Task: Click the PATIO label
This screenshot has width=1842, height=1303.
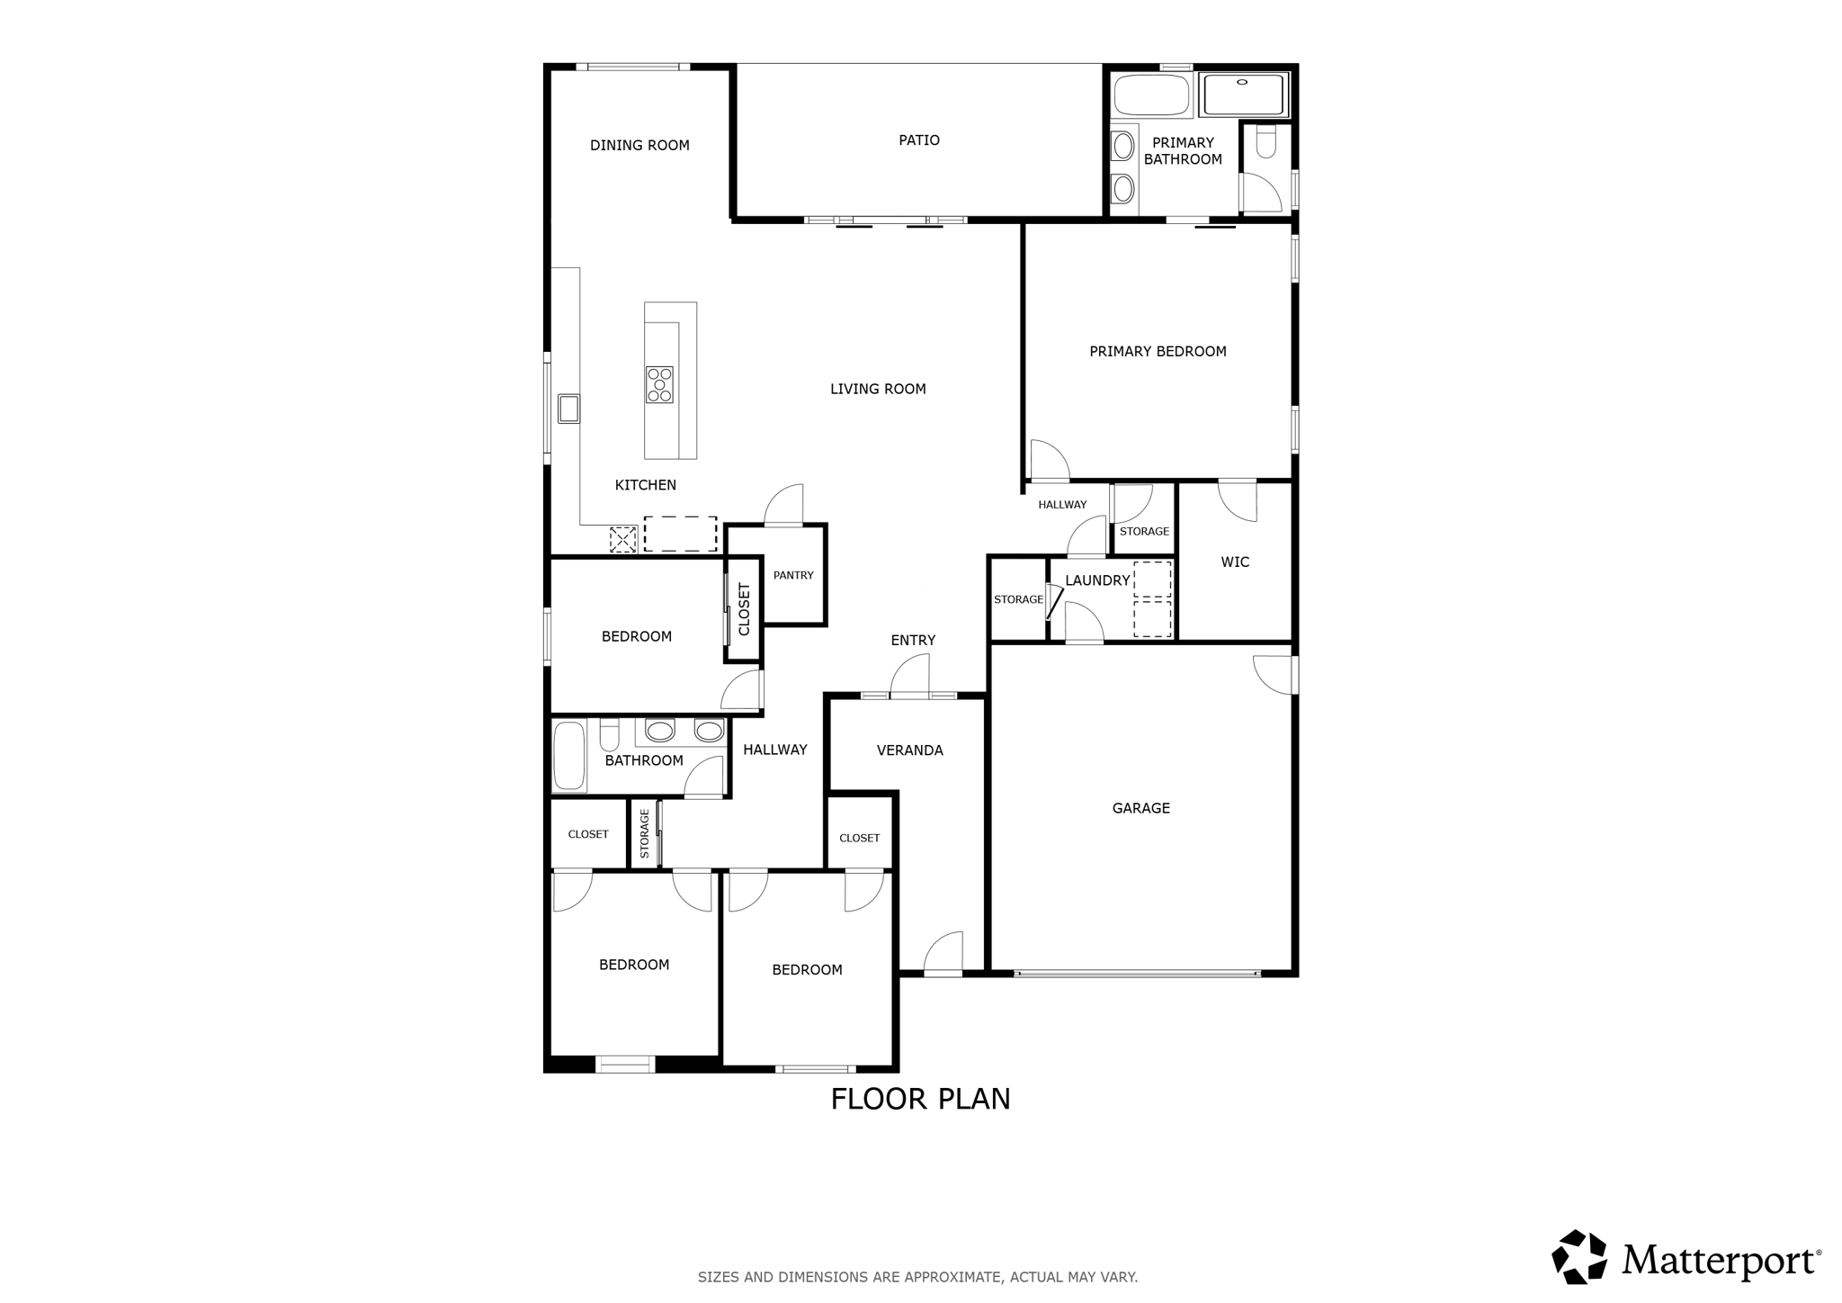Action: [919, 140]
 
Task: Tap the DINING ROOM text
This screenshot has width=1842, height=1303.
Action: [639, 146]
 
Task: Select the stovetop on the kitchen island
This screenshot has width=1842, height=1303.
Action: [659, 384]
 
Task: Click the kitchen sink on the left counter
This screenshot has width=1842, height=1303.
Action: [568, 409]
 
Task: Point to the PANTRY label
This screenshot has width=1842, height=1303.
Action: [793, 575]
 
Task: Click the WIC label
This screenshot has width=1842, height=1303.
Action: [1235, 562]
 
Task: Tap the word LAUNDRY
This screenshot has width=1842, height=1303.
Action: [1097, 580]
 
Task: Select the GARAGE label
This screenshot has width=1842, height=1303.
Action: [1141, 808]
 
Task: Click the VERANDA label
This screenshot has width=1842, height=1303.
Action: [909, 750]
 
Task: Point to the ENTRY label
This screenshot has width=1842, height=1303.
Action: [913, 641]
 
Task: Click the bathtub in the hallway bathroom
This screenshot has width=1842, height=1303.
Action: [568, 755]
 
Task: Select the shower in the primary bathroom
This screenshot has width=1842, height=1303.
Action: [1244, 94]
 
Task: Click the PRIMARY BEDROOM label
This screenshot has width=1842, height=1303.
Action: [1158, 352]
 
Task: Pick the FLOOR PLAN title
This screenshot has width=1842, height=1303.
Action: [920, 1099]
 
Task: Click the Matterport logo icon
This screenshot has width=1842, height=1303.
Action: [1579, 1256]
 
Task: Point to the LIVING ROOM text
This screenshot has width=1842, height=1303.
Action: [878, 390]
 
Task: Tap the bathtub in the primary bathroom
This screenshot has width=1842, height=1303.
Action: [1151, 95]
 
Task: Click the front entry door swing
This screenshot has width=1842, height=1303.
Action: [910, 675]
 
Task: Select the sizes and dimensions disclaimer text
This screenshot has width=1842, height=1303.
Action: [917, 1277]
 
